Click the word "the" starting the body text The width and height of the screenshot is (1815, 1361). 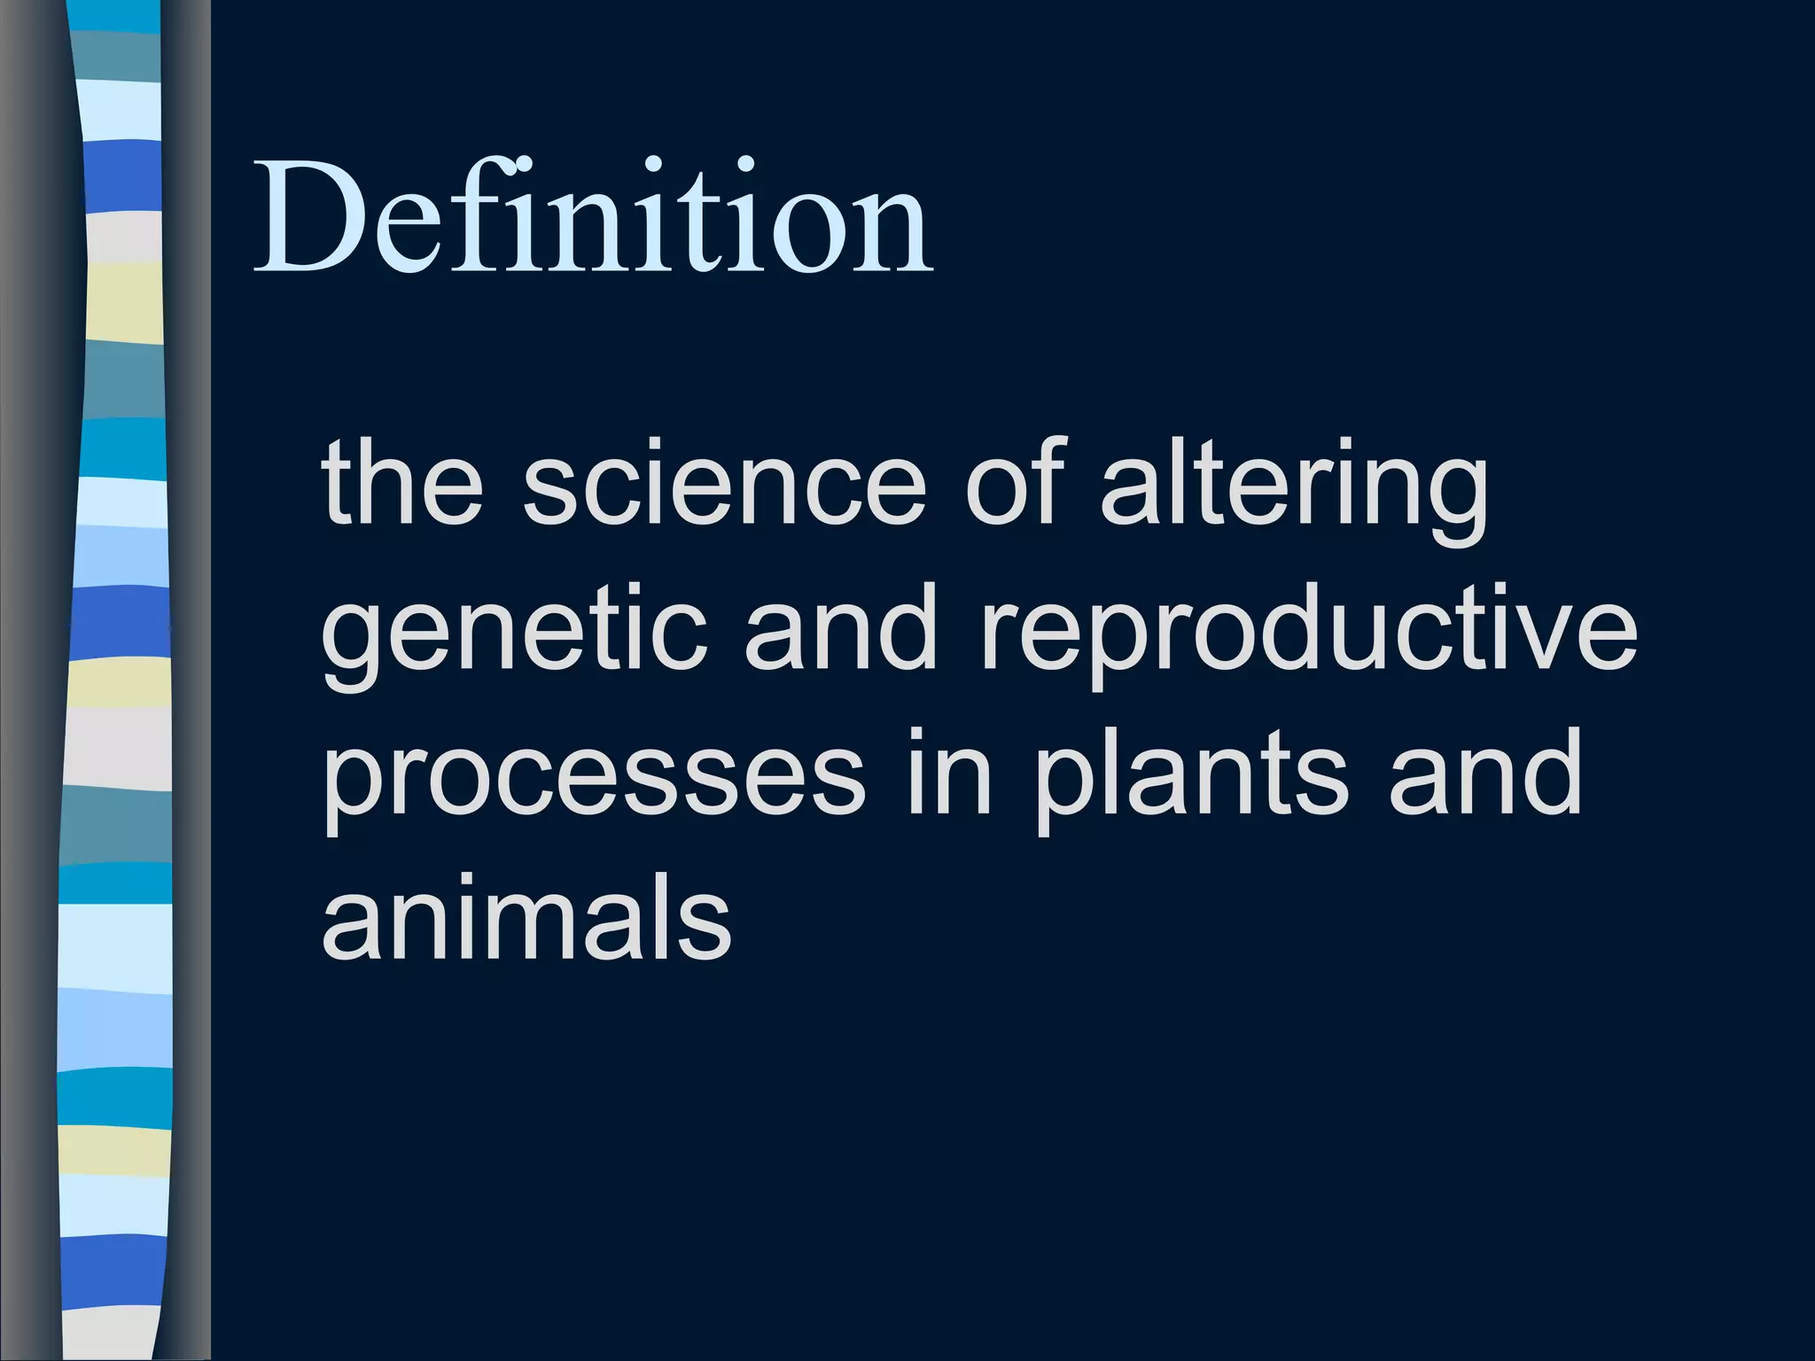click(402, 483)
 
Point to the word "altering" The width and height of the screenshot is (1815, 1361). click(1294, 487)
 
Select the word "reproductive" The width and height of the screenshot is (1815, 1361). click(1307, 634)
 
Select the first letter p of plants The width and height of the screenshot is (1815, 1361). click(1063, 784)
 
